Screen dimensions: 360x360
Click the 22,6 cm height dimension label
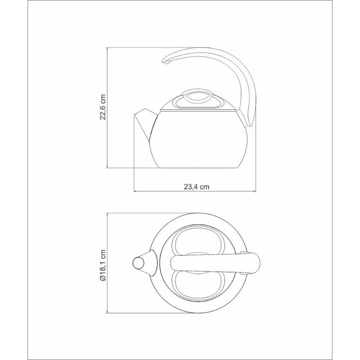103,107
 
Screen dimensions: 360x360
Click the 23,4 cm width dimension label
197,187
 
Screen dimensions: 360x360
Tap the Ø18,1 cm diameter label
103,265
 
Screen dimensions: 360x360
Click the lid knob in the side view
198,96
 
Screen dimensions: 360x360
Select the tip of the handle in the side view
166,62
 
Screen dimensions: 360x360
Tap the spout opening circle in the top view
139,263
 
